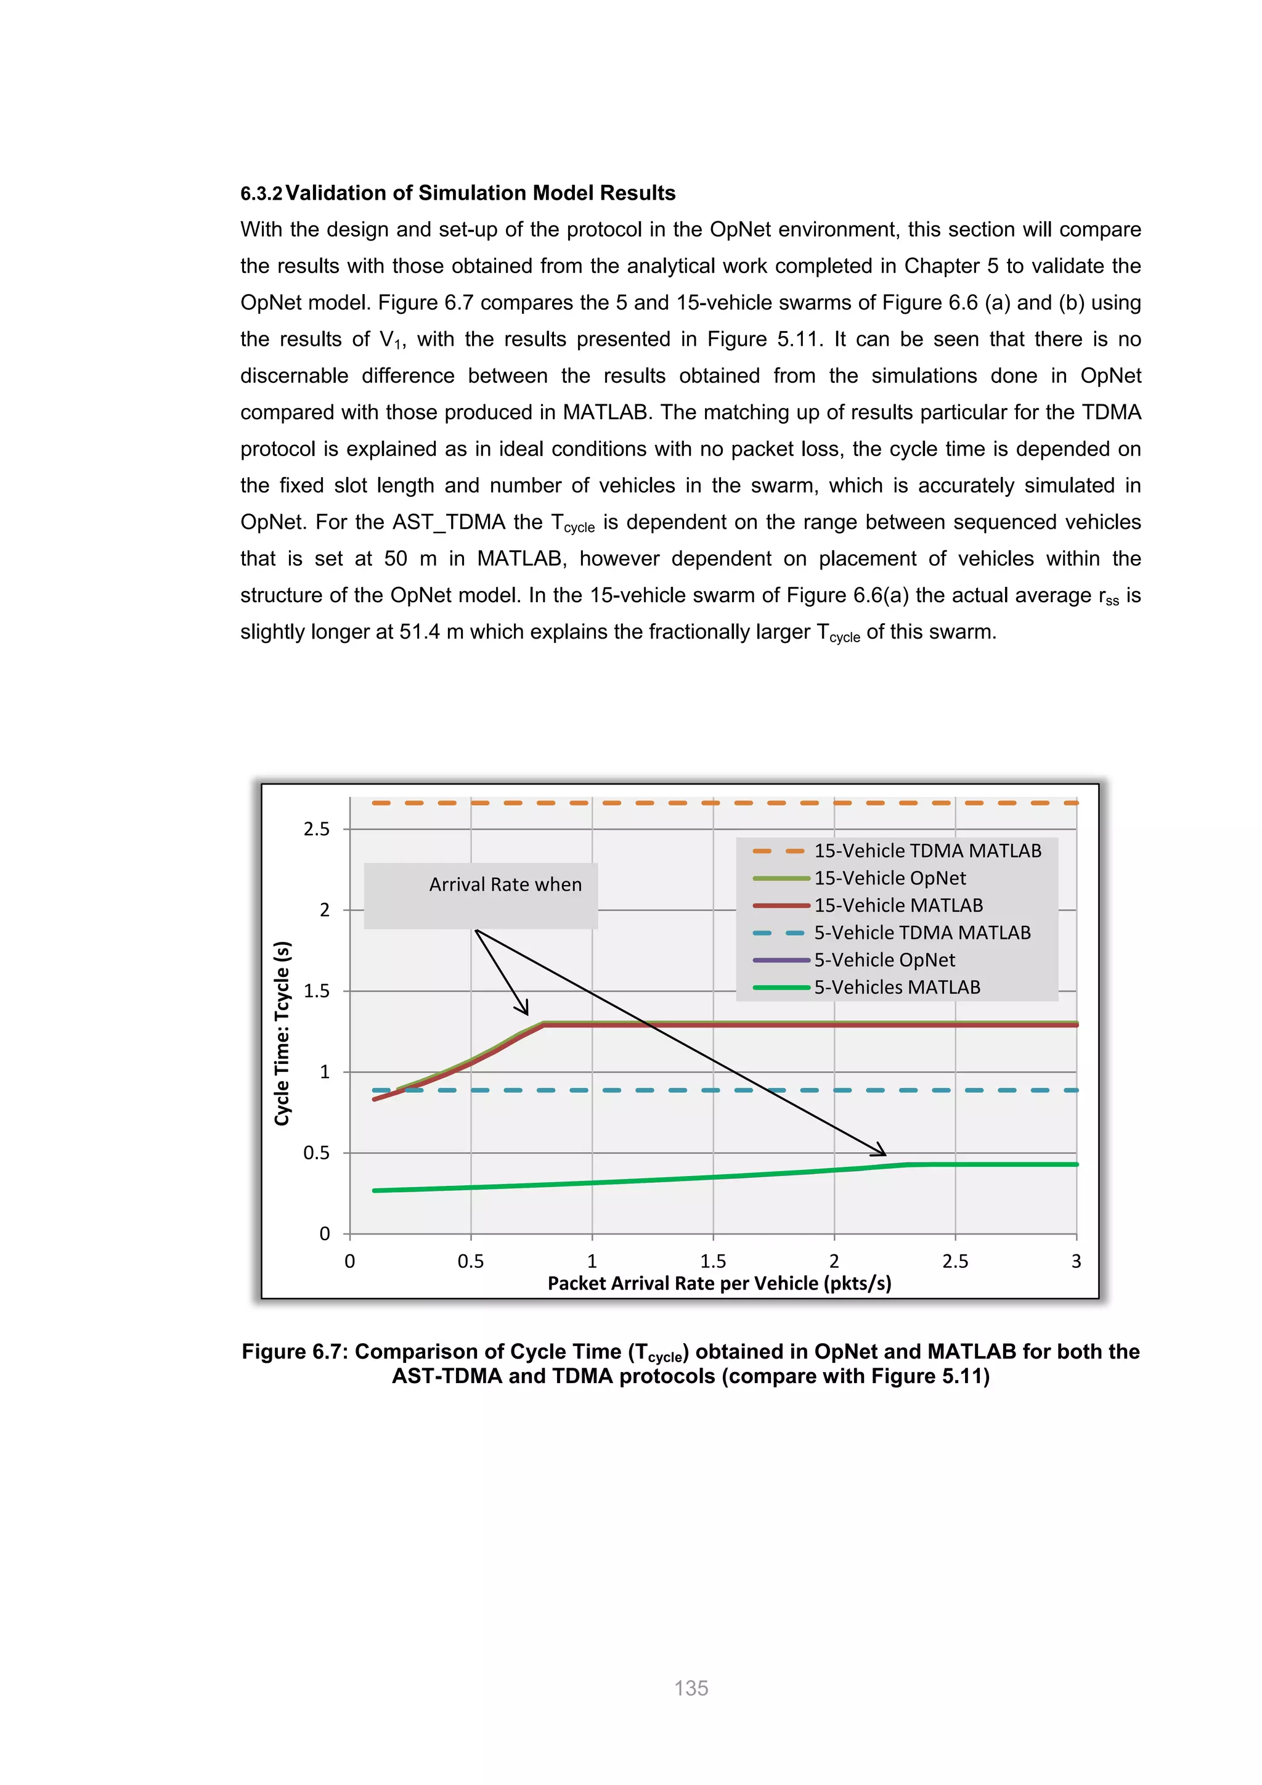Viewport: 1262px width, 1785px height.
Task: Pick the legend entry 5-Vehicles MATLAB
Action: point(897,987)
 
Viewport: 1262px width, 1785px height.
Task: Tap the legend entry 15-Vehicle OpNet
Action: point(890,878)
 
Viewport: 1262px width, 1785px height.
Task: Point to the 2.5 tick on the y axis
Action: point(316,829)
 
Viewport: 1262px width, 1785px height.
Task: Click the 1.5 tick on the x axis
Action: point(712,1261)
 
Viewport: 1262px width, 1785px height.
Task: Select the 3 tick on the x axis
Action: point(1077,1261)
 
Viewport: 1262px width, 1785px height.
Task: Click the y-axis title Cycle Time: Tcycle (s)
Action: point(282,1033)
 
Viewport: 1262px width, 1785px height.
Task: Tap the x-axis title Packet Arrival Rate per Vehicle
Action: point(719,1283)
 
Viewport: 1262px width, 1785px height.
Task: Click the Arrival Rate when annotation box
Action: point(481,896)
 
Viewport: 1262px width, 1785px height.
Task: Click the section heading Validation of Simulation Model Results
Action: point(480,193)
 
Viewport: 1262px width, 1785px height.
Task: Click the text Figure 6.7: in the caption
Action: point(295,1351)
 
